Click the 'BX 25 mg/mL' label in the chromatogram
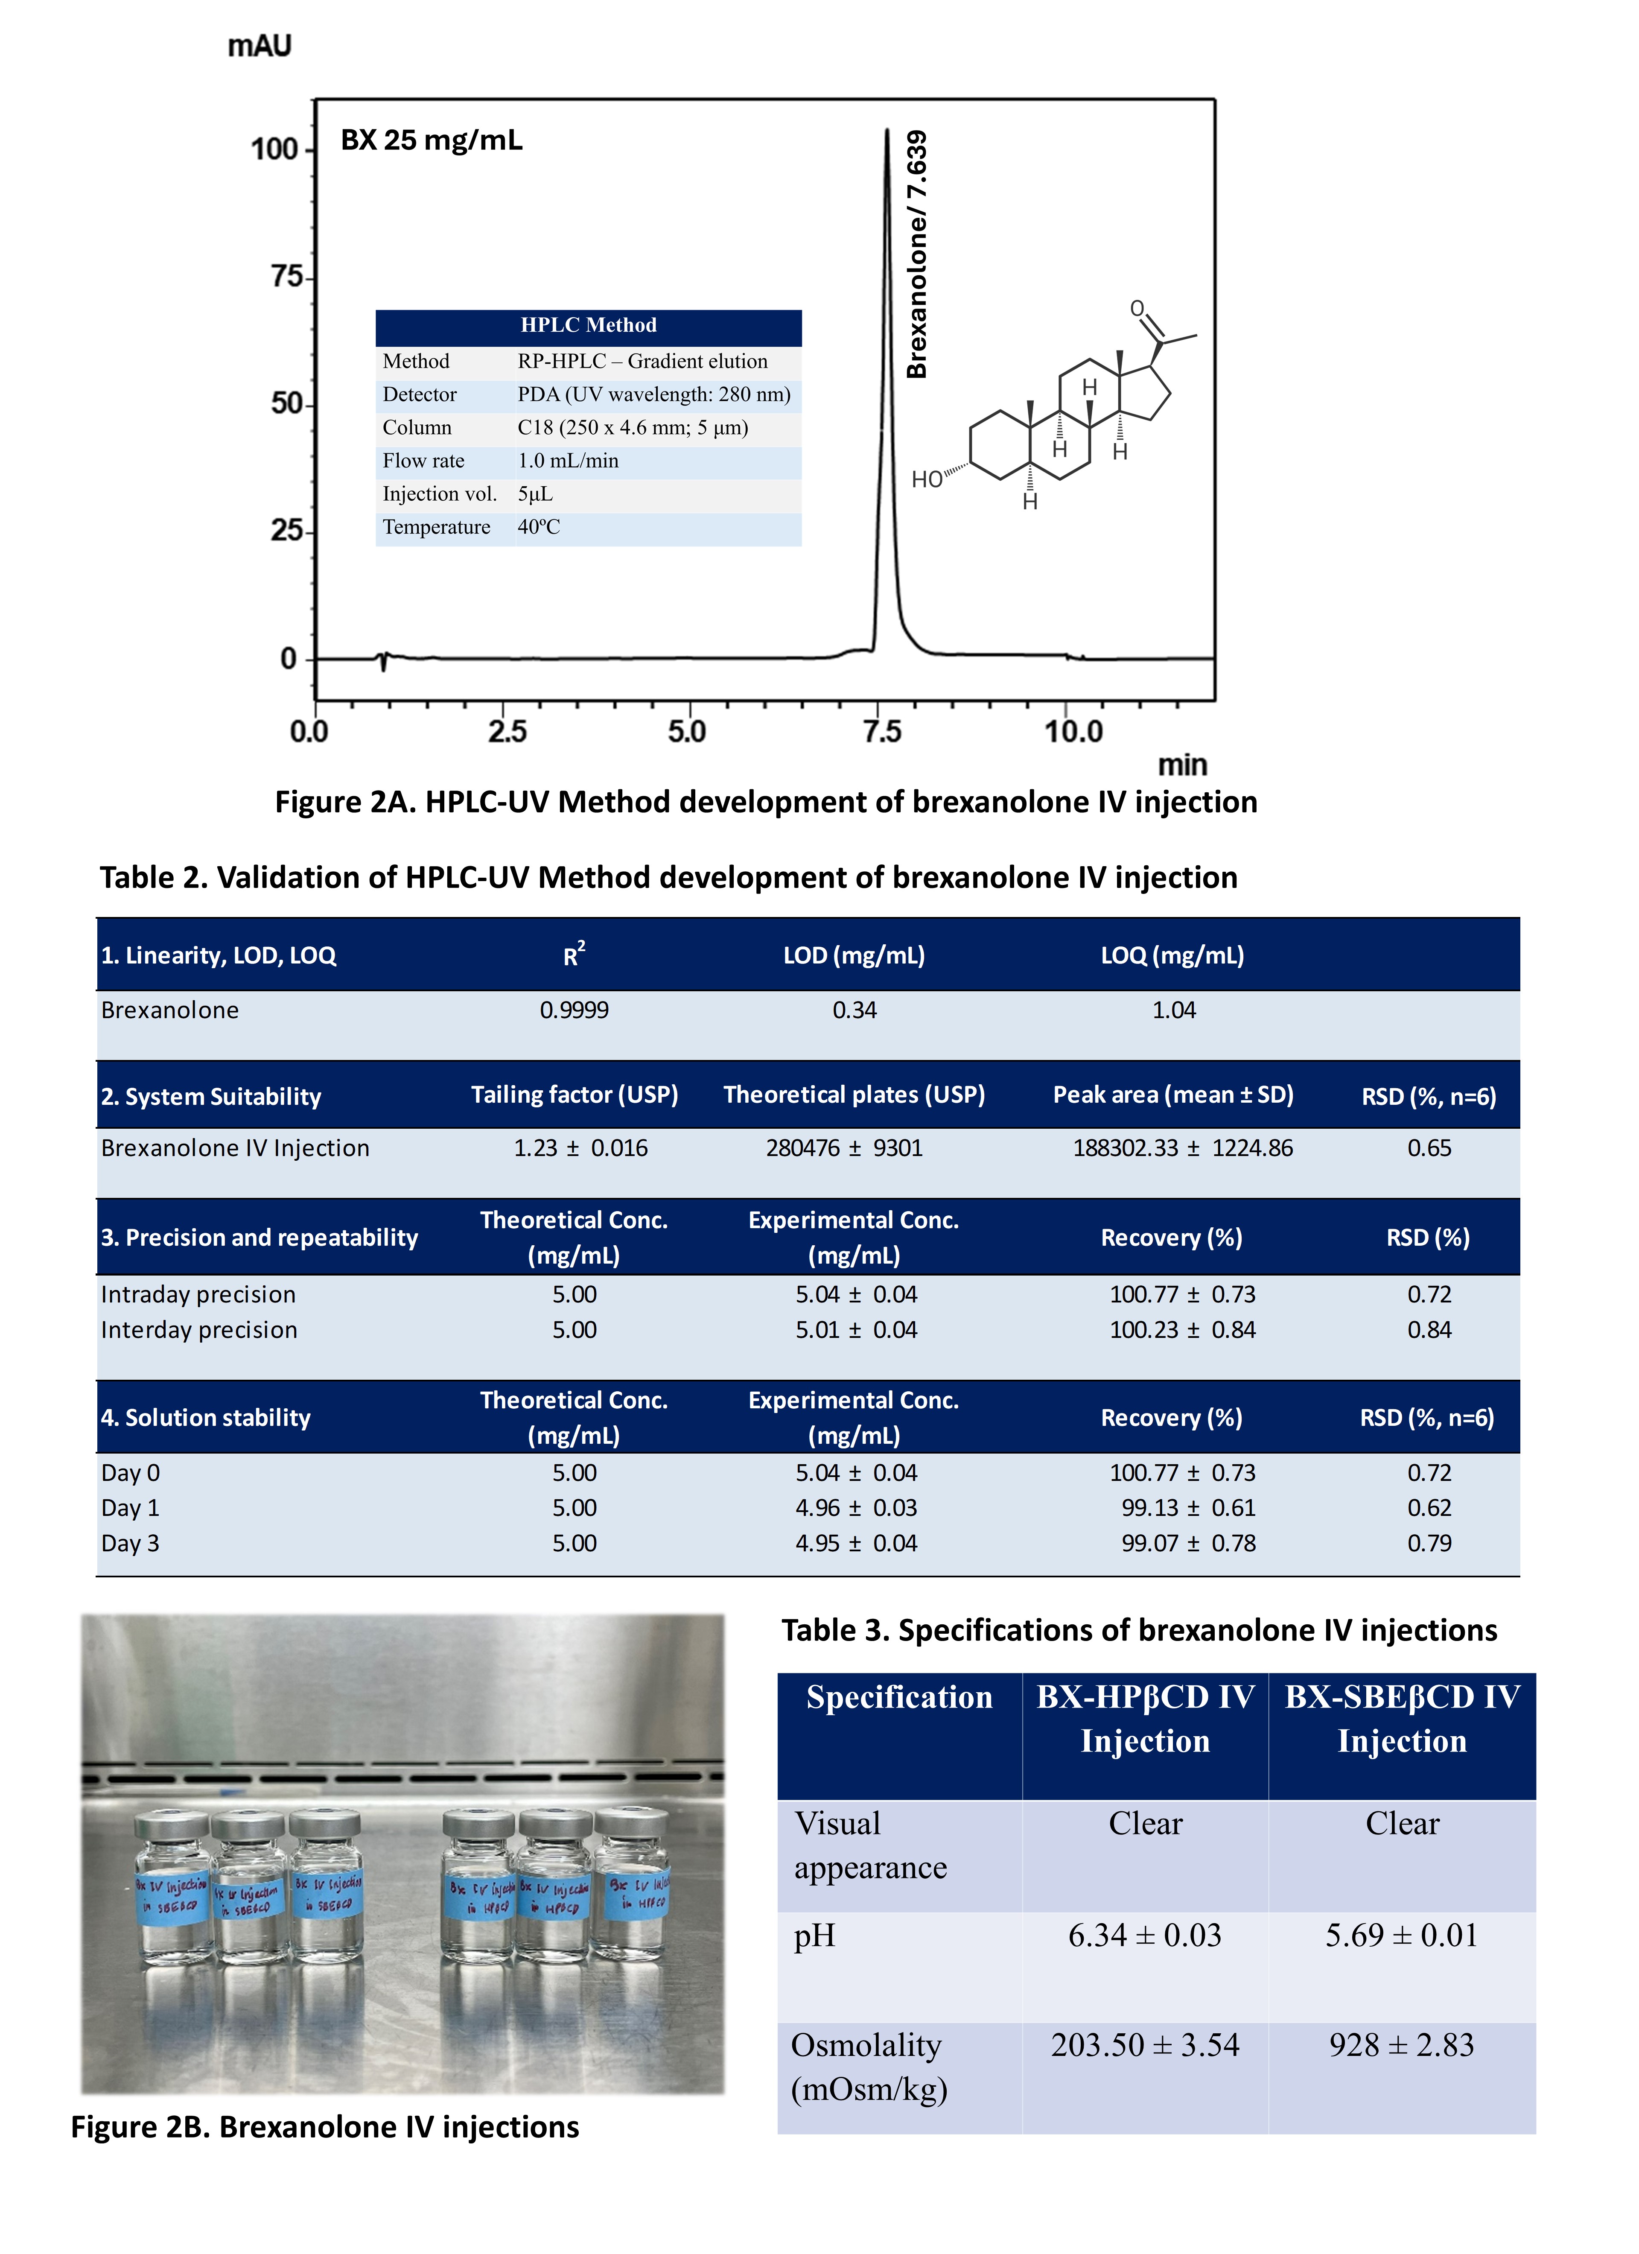click(x=432, y=140)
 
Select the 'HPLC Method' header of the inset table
click(x=589, y=325)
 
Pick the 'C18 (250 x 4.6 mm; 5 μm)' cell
click(x=632, y=427)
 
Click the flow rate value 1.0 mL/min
click(x=568, y=460)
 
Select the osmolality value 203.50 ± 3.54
click(x=1145, y=2045)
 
